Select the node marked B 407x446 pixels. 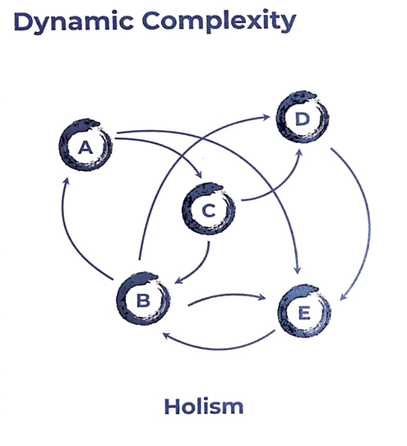pos(121,299)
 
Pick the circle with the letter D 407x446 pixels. pos(280,118)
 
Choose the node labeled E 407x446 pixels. pos(282,312)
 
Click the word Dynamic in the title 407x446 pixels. pos(73,22)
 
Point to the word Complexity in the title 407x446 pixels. pos(219,22)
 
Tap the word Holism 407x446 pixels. pos(204,407)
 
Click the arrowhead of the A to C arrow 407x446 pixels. pos(199,174)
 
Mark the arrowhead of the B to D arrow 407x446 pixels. pos(266,117)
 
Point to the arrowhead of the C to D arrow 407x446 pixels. pos(299,153)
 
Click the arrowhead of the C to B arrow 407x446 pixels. pos(178,280)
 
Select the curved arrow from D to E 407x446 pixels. pos(369,225)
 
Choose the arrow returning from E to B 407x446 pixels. pos(219,349)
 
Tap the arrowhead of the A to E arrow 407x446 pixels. pos(298,270)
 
